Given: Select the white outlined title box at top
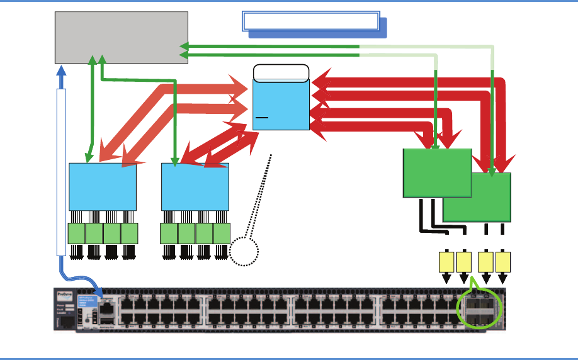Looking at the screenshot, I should click(x=310, y=21).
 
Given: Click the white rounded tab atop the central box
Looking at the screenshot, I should click(x=281, y=71).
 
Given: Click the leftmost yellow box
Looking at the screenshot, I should click(x=446, y=262).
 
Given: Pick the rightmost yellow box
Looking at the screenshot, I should click(x=503, y=262).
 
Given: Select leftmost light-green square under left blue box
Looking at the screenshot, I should click(x=76, y=233).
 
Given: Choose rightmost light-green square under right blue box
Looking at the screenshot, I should click(x=222, y=233).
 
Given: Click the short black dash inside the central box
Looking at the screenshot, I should click(x=262, y=117).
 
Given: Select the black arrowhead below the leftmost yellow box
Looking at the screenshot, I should click(x=446, y=279).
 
